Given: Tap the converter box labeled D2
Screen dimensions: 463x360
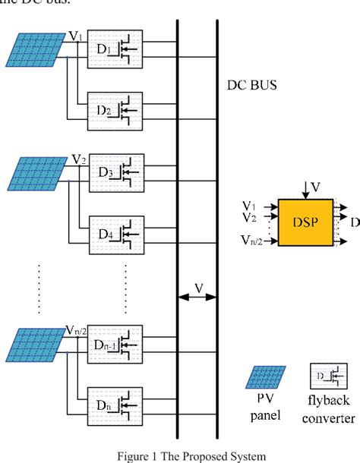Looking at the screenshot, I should pos(115,113).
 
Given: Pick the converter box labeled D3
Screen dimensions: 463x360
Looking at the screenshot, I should pos(115,175).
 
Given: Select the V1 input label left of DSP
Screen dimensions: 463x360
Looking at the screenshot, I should pos(249,206).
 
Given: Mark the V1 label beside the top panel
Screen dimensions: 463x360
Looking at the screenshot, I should pos(77,36).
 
